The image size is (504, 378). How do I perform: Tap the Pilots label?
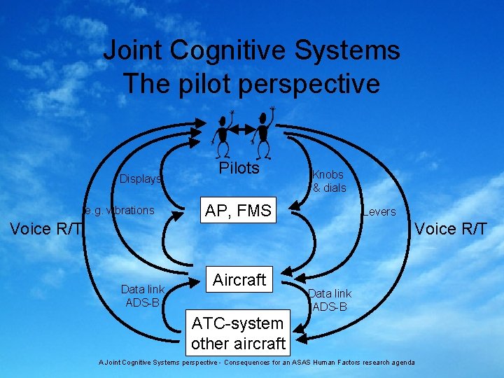click(x=239, y=168)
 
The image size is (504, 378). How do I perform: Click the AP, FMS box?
click(x=239, y=210)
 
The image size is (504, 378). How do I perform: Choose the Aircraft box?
click(x=239, y=280)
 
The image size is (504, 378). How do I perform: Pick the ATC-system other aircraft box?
click(x=238, y=333)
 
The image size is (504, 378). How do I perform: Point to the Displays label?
click(x=140, y=178)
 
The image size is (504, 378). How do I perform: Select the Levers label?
click(x=379, y=211)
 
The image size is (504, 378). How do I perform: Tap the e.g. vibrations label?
click(x=119, y=210)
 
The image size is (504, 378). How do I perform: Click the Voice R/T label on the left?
click(x=45, y=229)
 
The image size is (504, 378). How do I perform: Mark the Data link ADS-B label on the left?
click(x=142, y=295)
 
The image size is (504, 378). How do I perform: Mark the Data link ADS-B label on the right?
click(x=330, y=300)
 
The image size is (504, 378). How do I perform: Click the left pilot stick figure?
click(x=224, y=133)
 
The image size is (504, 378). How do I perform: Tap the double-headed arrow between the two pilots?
click(x=243, y=129)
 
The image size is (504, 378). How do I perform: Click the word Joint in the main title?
click(x=133, y=50)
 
